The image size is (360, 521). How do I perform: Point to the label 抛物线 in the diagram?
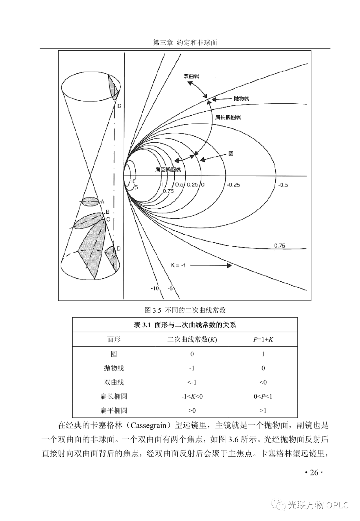[241, 98]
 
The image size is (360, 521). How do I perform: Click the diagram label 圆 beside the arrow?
[230, 154]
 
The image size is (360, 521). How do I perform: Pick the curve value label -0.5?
[283, 185]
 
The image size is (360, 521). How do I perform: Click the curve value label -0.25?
[233, 185]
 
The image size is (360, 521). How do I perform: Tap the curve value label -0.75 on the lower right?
[279, 246]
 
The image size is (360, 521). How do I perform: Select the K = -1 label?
[178, 265]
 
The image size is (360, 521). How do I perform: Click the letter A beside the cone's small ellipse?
[102, 202]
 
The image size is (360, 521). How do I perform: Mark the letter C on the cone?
[108, 219]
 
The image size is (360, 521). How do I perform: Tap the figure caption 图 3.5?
[185, 310]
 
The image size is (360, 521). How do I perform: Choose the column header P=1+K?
[263, 340]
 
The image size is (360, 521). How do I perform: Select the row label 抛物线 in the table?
[114, 368]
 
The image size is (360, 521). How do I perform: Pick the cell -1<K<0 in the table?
[192, 397]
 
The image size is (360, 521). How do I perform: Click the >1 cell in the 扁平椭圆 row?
[263, 411]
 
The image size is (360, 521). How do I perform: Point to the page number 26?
[314, 473]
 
